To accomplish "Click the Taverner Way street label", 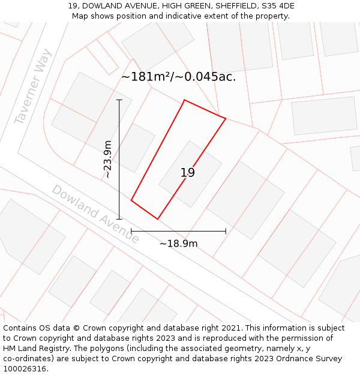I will pyautogui.click(x=32, y=87).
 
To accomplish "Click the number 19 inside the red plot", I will pyautogui.click(x=187, y=173).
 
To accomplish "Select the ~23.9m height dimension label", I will pyautogui.click(x=107, y=160).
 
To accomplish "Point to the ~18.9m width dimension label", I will pyautogui.click(x=178, y=244).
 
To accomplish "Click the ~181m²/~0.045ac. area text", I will pyautogui.click(x=178, y=77).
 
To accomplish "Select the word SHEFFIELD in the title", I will pyautogui.click(x=231, y=6).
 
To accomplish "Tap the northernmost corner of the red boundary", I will pyautogui.click(x=184, y=100).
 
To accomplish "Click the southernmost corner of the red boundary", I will pyautogui.click(x=157, y=219).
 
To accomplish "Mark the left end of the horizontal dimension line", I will pyautogui.click(x=131, y=231).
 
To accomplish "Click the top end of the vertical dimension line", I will pyautogui.click(x=119, y=100).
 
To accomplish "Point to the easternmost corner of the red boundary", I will pyautogui.click(x=226, y=118).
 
